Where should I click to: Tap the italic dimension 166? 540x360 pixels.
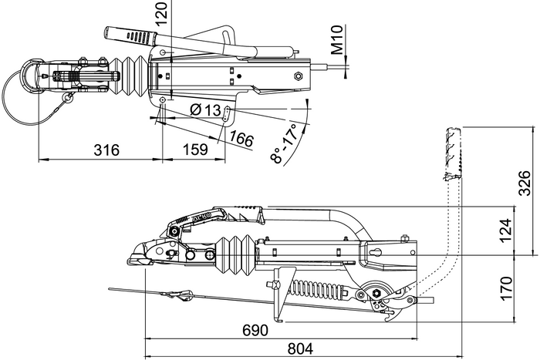tap(241, 139)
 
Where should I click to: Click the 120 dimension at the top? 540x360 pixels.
tap(160, 14)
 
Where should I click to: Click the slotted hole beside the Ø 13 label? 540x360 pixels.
tap(229, 113)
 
